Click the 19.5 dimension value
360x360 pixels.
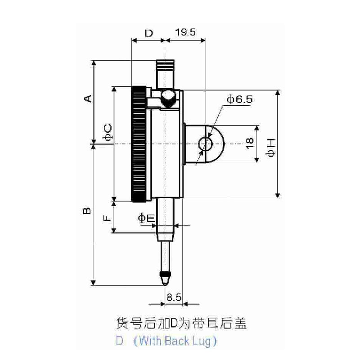click(x=185, y=32)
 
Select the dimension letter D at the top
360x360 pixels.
click(x=149, y=33)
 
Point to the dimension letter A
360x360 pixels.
click(x=87, y=98)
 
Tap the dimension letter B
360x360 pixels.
click(x=87, y=211)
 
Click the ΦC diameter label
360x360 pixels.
click(x=108, y=132)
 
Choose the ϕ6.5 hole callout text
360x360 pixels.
click(x=240, y=99)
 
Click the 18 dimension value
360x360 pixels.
click(x=250, y=143)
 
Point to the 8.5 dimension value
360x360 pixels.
click(x=174, y=297)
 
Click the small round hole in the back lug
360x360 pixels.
click(x=205, y=144)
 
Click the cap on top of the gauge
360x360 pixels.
click(x=165, y=65)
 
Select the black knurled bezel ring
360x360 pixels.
click(x=139, y=144)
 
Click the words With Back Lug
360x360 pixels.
click(x=175, y=341)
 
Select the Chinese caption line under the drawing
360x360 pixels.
click(x=181, y=323)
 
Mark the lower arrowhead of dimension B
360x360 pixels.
click(x=93, y=283)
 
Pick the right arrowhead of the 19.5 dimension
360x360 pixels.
click(x=203, y=40)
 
